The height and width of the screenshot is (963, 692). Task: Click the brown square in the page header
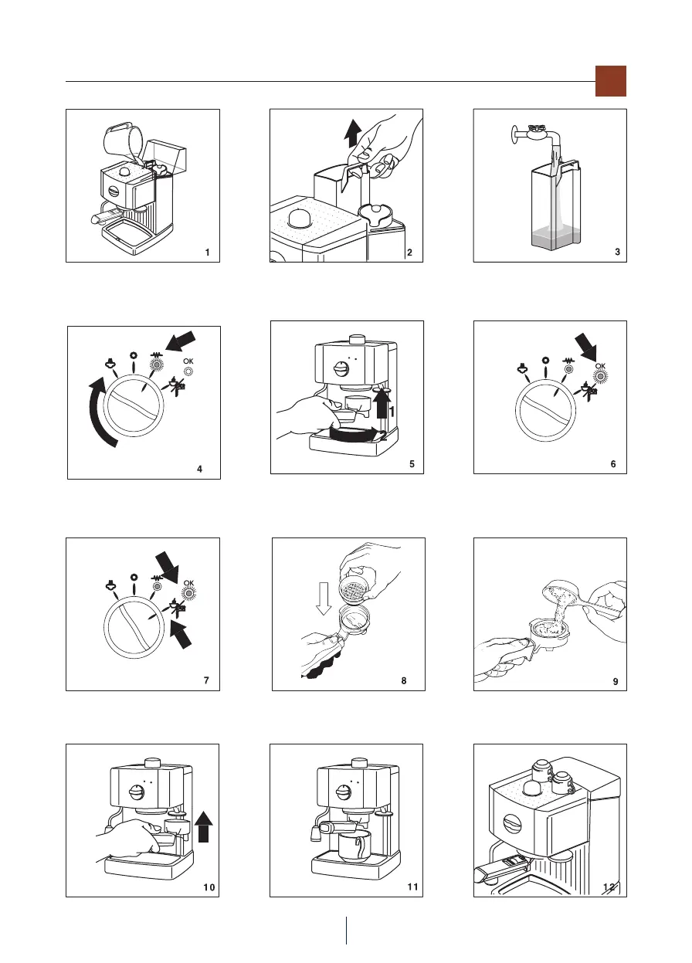pyautogui.click(x=610, y=81)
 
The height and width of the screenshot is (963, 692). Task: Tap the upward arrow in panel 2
pyautogui.click(x=353, y=134)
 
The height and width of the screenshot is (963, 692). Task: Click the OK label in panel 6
pyautogui.click(x=600, y=366)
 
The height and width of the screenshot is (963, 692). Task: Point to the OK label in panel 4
pyautogui.click(x=188, y=361)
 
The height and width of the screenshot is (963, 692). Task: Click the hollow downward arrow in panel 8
pyautogui.click(x=324, y=598)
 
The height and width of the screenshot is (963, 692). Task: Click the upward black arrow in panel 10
pyautogui.click(x=203, y=827)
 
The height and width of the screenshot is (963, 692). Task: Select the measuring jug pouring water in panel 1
pyautogui.click(x=124, y=143)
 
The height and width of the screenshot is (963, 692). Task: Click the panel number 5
pyautogui.click(x=412, y=464)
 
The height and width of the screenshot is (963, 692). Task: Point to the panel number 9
pyautogui.click(x=616, y=681)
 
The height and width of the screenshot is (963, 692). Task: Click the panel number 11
pyautogui.click(x=412, y=887)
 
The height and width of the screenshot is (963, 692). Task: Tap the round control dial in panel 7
pyautogui.click(x=134, y=628)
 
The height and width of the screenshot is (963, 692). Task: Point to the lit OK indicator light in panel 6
pyautogui.click(x=600, y=377)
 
